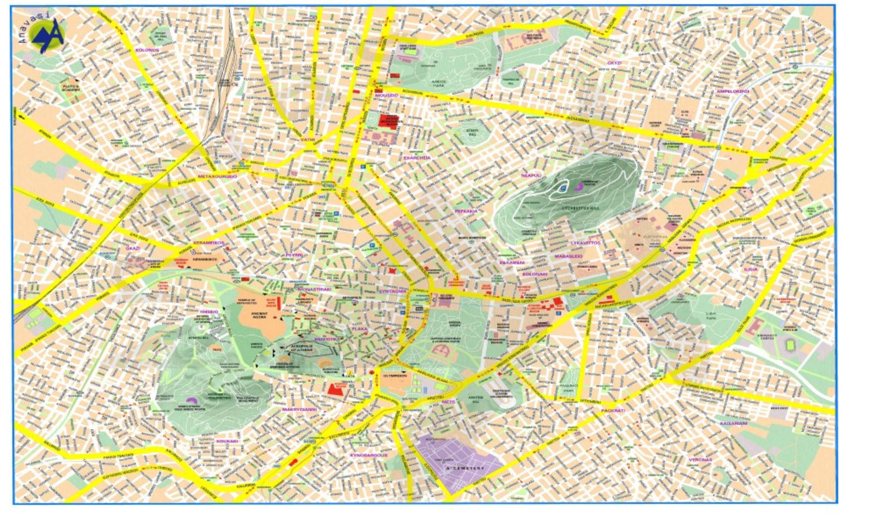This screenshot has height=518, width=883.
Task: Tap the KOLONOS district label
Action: click(147, 50)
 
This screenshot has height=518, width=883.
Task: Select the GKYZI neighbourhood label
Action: click(615, 62)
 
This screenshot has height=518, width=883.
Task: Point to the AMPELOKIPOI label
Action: click(732, 91)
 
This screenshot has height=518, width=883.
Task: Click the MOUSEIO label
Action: click(387, 95)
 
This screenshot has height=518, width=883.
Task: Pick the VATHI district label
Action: click(308, 140)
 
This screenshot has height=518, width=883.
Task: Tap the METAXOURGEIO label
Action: click(217, 176)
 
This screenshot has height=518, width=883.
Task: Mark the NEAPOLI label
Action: click(531, 175)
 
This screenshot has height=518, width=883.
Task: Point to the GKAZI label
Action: click(133, 248)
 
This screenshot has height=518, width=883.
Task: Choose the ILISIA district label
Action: click(767, 269)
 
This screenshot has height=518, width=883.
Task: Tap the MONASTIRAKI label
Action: click(315, 289)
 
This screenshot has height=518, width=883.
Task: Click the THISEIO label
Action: click(209, 312)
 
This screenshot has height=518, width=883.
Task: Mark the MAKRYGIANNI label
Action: click(300, 409)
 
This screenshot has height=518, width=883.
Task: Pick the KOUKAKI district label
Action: click(227, 441)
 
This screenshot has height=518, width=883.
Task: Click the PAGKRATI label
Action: click(613, 410)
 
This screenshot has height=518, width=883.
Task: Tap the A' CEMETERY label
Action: click(465, 468)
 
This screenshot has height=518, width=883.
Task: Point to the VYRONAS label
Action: click(700, 460)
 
